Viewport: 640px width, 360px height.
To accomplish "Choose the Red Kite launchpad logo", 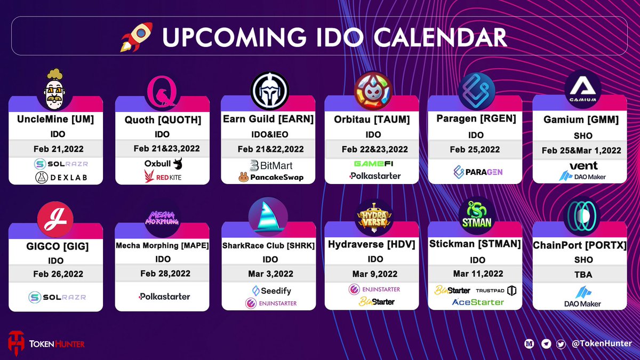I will coord(163,177).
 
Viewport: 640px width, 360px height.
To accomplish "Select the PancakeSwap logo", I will coord(270,177).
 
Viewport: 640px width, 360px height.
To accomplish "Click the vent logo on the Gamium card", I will coord(583,165).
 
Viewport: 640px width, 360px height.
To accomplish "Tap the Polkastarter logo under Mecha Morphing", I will coord(164,296).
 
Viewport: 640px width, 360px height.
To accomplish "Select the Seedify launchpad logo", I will coord(271,291).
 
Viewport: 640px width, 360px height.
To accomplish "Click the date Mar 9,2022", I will coord(374,274).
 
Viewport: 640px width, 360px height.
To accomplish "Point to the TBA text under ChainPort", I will coord(582,275).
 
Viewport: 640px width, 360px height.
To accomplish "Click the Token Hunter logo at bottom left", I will coord(46,343).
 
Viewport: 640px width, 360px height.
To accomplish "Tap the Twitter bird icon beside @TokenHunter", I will coord(561,344).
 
